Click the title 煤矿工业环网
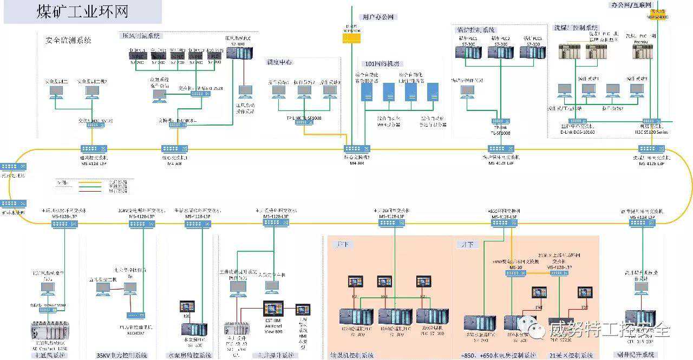click(x=83, y=12)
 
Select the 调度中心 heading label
click(x=280, y=62)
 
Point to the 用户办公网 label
click(x=380, y=17)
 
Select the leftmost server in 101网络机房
click(x=367, y=92)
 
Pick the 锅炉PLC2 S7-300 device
click(x=500, y=52)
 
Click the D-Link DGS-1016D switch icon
click(x=577, y=121)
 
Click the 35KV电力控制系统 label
click(x=122, y=356)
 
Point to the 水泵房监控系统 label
click(x=189, y=356)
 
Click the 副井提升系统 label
click(x=637, y=355)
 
